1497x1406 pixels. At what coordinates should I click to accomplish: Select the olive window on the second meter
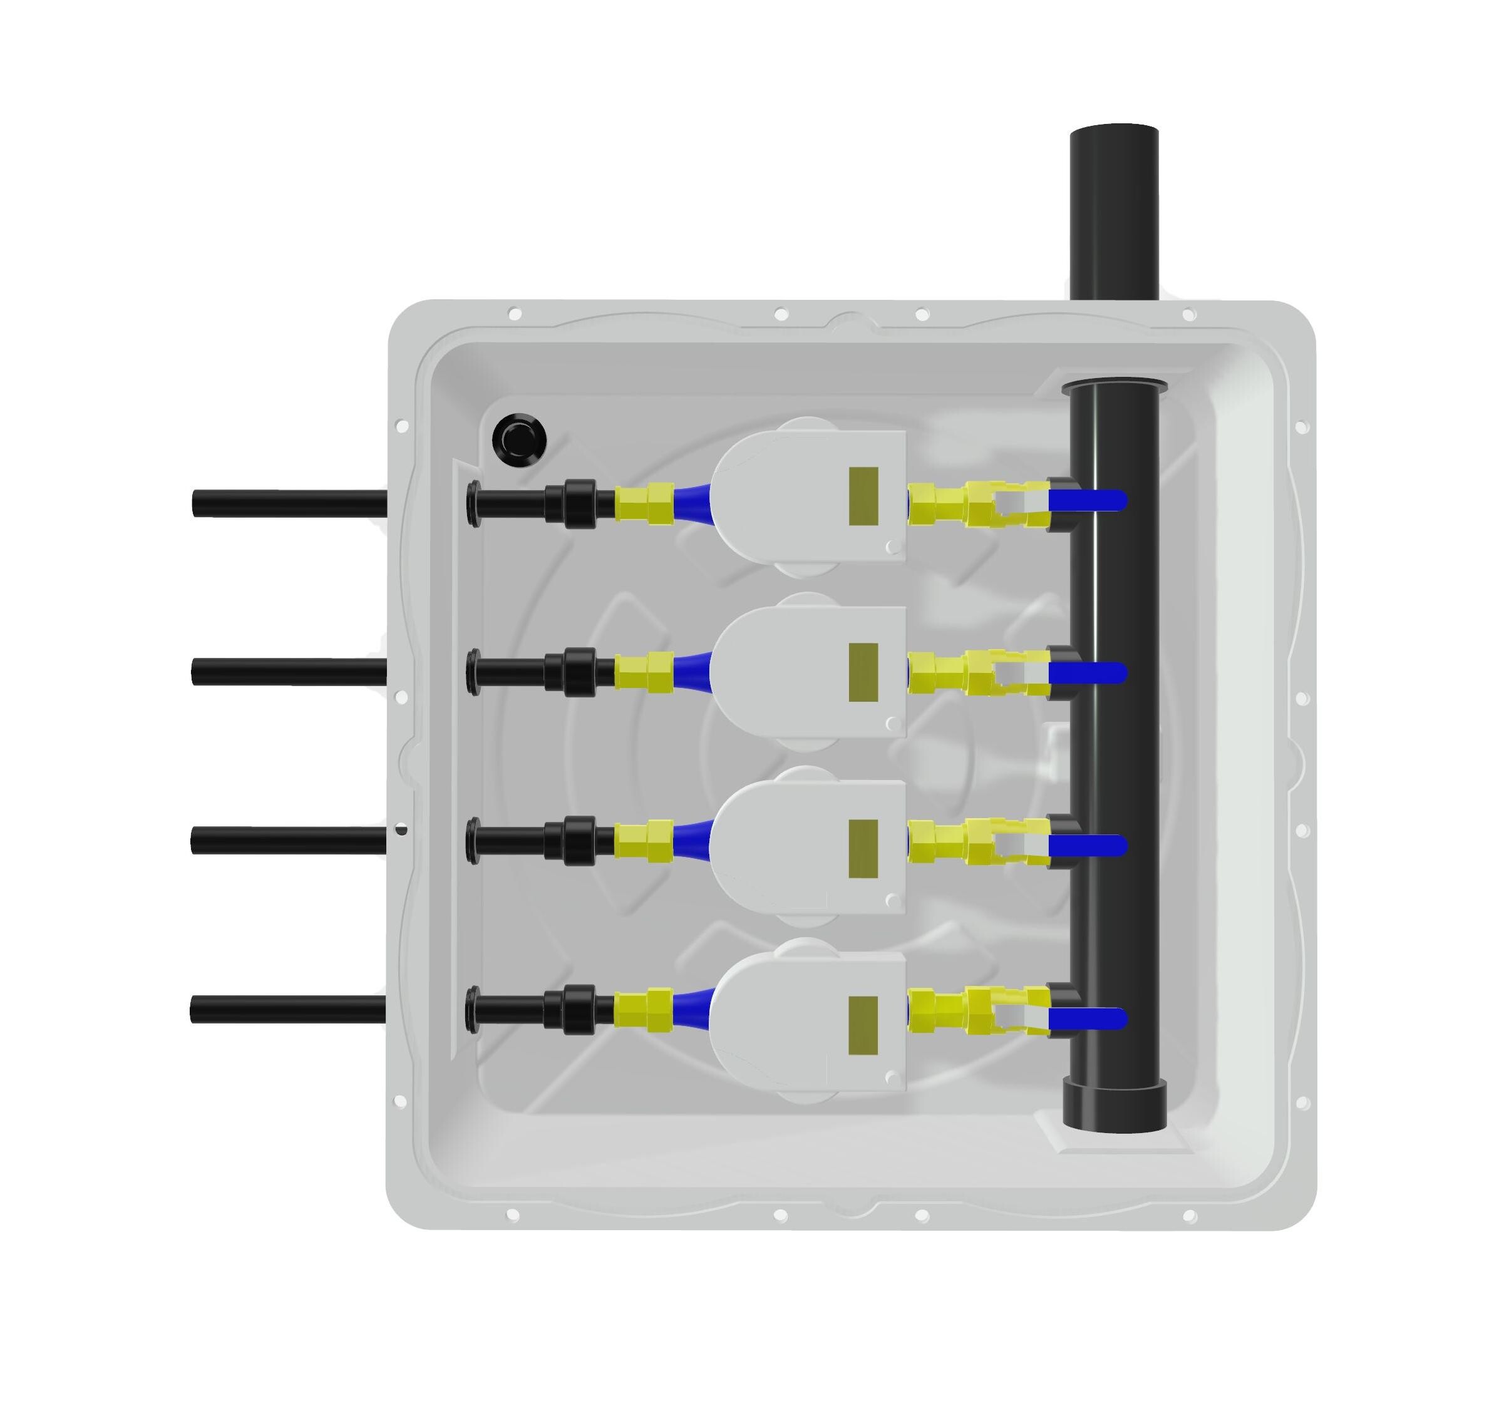point(863,672)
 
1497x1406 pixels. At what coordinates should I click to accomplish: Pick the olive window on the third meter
point(863,849)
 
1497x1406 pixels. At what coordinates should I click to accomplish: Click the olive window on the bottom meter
point(863,1025)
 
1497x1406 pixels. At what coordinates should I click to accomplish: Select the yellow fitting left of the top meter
point(644,503)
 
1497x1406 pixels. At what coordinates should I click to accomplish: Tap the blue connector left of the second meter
point(692,670)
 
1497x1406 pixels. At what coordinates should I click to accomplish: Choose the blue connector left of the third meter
point(692,839)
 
